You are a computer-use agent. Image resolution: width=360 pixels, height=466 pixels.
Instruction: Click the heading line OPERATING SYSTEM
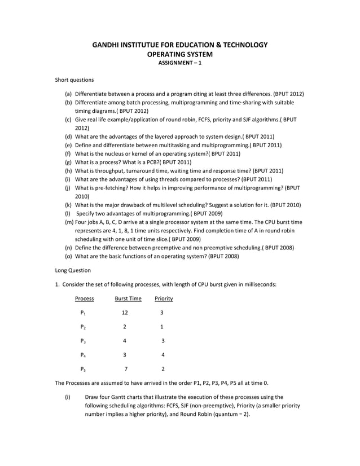(179, 55)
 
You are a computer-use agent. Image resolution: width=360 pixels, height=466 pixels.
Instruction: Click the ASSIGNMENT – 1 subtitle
(179, 64)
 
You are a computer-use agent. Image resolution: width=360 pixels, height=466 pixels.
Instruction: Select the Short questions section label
(74, 80)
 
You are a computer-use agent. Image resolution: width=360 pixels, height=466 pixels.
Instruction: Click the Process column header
(84, 298)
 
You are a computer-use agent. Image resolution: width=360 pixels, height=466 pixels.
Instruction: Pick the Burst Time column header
(128, 298)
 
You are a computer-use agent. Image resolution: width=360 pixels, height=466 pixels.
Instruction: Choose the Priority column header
(164, 298)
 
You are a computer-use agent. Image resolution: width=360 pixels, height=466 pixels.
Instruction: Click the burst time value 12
(125, 313)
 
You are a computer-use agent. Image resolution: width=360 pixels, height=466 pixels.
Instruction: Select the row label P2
(83, 327)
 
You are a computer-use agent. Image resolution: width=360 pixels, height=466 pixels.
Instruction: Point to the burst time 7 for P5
(126, 369)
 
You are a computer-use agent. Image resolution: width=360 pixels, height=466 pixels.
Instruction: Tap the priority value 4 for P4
(163, 355)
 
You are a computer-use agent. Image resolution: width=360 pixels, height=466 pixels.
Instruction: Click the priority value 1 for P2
(162, 327)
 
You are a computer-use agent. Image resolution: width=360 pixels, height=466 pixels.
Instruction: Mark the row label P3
(83, 341)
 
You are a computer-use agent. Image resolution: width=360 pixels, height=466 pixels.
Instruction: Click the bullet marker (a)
(68, 94)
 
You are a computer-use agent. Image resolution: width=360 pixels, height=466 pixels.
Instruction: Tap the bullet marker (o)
(68, 256)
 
